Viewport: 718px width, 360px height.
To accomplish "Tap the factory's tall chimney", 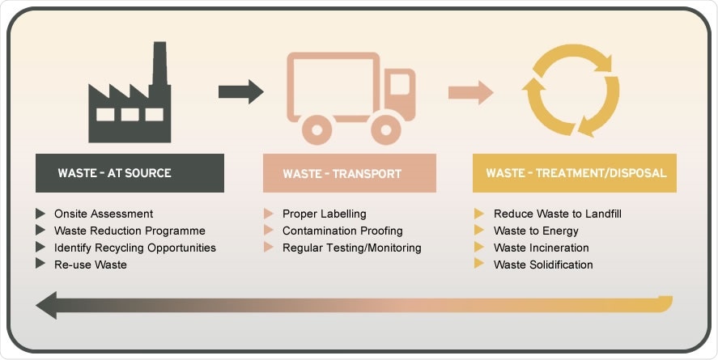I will pyautogui.click(x=159, y=65).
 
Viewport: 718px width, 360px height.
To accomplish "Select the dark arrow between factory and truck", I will pyautogui.click(x=240, y=91).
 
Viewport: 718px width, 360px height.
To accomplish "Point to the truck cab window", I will pyautogui.click(x=398, y=83).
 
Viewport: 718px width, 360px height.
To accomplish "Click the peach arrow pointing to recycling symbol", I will pyautogui.click(x=470, y=91).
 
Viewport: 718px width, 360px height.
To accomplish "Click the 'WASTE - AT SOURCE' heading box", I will pyautogui.click(x=130, y=173).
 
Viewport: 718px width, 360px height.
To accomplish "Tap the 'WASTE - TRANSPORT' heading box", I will pyautogui.click(x=349, y=173).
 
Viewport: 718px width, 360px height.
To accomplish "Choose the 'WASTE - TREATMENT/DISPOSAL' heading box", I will pyautogui.click(x=575, y=173).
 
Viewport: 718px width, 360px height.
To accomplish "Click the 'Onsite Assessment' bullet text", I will pyautogui.click(x=103, y=214).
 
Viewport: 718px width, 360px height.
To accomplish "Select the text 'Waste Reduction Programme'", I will pyautogui.click(x=130, y=231).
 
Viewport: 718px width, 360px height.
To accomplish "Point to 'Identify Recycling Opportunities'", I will pyautogui.click(x=134, y=248).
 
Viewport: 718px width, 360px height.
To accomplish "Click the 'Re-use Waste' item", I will pyautogui.click(x=90, y=265).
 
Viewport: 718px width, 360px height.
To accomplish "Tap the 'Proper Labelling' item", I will pyautogui.click(x=324, y=214).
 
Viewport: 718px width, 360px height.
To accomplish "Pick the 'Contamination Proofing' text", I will pyautogui.click(x=342, y=231).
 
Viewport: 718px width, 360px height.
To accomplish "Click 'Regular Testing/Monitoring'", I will pyautogui.click(x=351, y=248).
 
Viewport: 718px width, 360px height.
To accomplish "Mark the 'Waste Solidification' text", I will pyautogui.click(x=543, y=265).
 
